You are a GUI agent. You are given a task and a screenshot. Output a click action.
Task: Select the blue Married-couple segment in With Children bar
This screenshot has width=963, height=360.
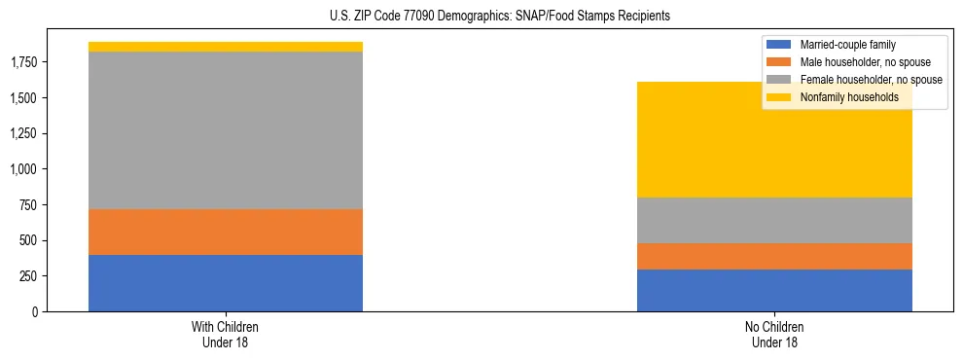(226, 283)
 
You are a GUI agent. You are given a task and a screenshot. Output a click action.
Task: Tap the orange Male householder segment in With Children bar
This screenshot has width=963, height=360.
(226, 232)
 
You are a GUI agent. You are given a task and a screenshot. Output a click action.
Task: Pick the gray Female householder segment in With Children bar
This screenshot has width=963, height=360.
(226, 130)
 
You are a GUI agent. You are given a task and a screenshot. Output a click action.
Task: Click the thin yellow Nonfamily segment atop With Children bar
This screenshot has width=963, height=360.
(226, 47)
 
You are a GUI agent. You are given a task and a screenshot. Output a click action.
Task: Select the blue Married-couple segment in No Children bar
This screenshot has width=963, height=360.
(774, 290)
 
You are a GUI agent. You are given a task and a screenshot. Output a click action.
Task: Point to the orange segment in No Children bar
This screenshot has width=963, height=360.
(774, 256)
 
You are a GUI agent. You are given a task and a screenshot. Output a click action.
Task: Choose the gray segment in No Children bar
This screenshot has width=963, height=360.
(774, 220)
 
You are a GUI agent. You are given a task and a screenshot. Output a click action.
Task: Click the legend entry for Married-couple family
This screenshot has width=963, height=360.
(854, 45)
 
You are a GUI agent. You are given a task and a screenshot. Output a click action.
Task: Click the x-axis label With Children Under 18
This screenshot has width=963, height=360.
(226, 335)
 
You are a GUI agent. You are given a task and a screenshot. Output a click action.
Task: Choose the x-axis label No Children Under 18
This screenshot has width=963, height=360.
(774, 335)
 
